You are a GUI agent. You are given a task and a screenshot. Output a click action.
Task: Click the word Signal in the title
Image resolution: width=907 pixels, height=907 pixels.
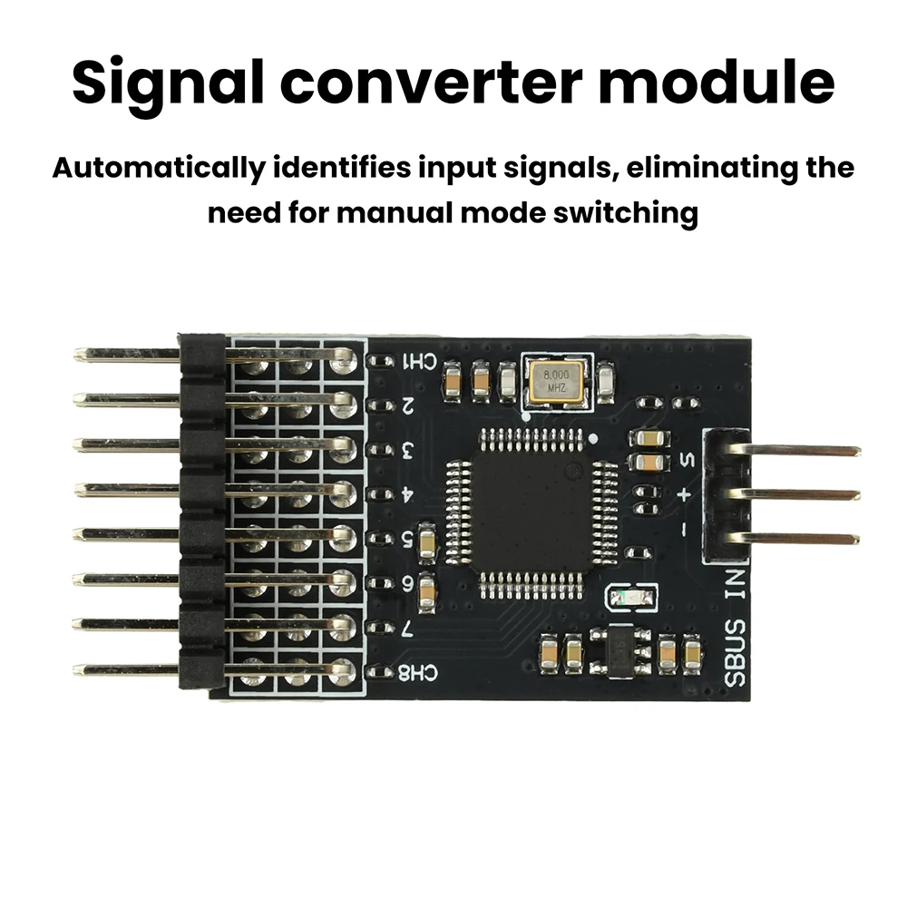[x=168, y=83]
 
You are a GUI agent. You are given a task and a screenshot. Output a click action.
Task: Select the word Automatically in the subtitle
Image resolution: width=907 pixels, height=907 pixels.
[x=158, y=169]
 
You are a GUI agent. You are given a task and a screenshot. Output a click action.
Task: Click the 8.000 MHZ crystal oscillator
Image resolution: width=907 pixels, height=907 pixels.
[x=557, y=383]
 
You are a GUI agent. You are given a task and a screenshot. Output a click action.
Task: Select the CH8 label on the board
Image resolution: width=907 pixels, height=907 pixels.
[x=418, y=672]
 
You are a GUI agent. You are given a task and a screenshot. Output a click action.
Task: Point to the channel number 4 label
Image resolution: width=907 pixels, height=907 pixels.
[x=408, y=494]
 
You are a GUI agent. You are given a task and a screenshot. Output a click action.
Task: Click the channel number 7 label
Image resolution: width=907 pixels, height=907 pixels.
[x=408, y=629]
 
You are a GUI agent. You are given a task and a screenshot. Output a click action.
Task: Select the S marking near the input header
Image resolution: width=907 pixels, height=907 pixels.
[x=688, y=460]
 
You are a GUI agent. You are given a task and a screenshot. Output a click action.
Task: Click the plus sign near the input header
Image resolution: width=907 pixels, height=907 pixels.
[x=684, y=494]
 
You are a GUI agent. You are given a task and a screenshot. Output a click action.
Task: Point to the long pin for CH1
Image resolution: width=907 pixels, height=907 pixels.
[x=215, y=355]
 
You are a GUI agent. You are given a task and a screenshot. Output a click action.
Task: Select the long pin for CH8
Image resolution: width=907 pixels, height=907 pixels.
[x=214, y=670]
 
